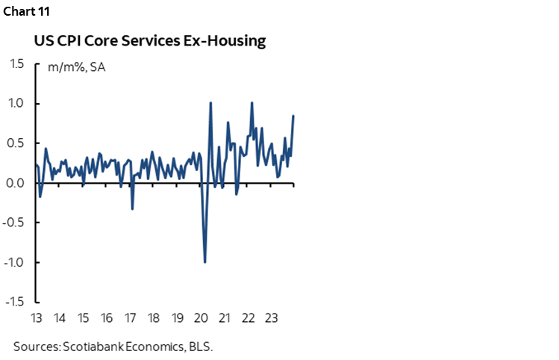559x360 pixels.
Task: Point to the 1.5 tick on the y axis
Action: point(16,64)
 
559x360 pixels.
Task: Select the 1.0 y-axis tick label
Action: point(16,104)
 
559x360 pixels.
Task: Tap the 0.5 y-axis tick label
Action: point(16,143)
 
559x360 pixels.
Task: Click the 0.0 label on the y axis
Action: point(16,183)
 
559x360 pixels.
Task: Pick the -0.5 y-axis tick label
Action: point(15,223)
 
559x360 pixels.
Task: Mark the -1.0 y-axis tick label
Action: point(15,262)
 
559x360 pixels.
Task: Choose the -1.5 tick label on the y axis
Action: point(15,302)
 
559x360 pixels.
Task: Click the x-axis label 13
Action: point(36,317)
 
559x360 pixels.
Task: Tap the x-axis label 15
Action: point(83,317)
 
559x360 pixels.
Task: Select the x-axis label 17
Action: point(130,317)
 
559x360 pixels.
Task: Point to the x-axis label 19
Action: point(177,317)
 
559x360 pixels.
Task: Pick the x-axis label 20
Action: point(200,317)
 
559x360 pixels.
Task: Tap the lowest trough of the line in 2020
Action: point(204,261)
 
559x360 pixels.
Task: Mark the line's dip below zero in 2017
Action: point(132,208)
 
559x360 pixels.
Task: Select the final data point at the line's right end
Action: point(293,116)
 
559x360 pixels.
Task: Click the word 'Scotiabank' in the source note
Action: point(93,347)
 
